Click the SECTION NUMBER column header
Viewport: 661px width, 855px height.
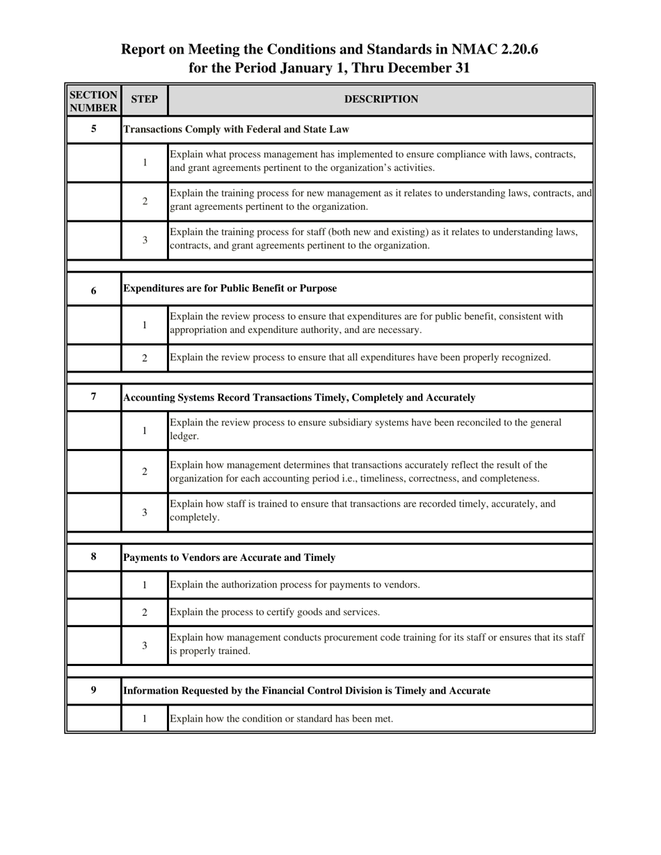(93, 101)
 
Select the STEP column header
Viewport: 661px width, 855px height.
(145, 99)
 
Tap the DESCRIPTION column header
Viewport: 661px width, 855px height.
(381, 99)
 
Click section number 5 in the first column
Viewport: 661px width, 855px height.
(93, 129)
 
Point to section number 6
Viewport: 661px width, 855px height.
(93, 291)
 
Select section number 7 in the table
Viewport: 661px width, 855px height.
(93, 396)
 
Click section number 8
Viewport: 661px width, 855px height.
(93, 556)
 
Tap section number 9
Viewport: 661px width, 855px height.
(93, 690)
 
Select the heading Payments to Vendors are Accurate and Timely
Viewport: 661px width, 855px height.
(229, 557)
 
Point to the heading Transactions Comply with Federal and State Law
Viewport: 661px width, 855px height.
(236, 129)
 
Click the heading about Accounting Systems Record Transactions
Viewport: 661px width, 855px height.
(299, 398)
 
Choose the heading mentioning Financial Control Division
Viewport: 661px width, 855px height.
(306, 690)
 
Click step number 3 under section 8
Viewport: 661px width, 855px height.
(145, 645)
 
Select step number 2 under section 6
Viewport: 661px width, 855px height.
(145, 358)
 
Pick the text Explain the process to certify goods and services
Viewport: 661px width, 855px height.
(275, 612)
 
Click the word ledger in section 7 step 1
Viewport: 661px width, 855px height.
(184, 437)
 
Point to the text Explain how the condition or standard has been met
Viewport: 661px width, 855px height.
(281, 719)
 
